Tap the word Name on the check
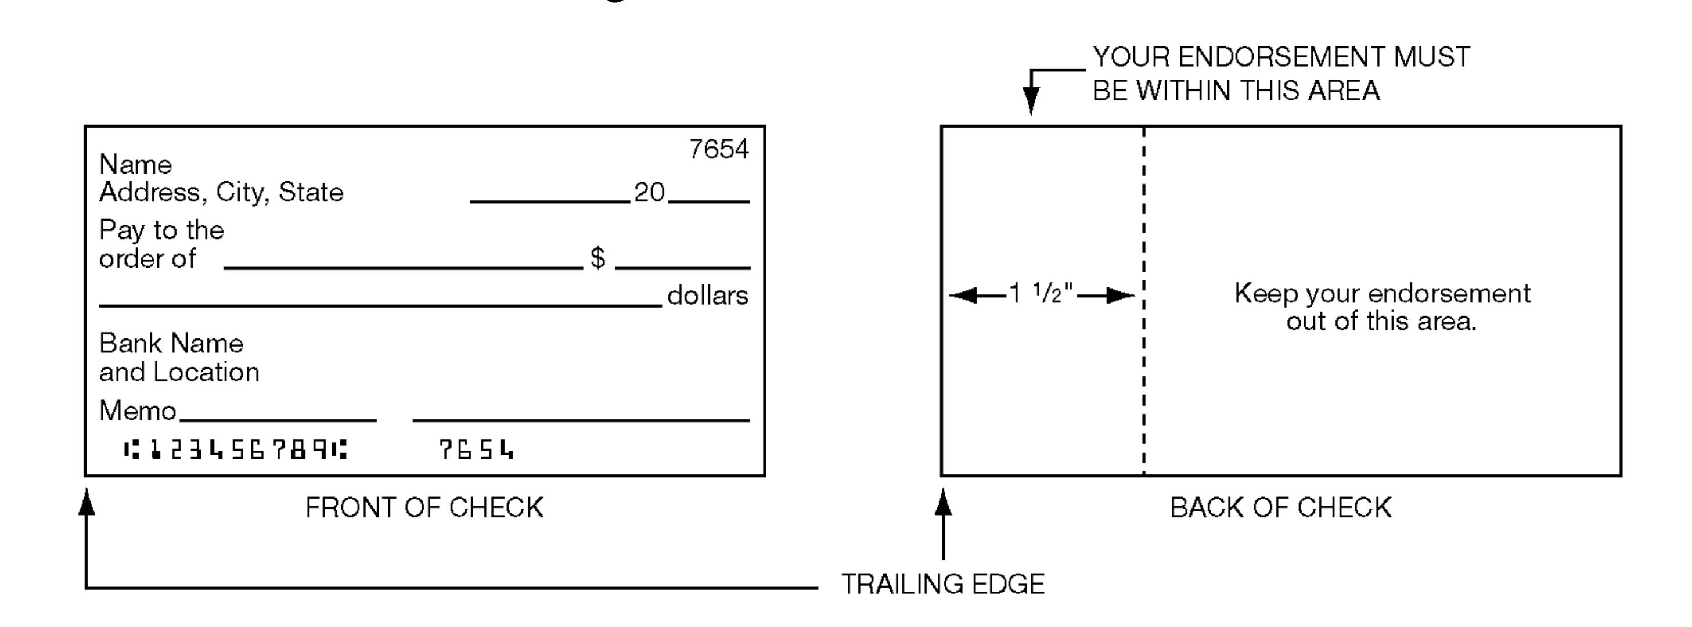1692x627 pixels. [135, 164]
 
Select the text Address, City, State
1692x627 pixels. [221, 192]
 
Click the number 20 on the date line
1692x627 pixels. [649, 192]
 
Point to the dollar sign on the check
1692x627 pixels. [597, 257]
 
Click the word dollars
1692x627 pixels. [707, 296]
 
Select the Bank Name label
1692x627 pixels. [171, 343]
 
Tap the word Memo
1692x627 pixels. [137, 411]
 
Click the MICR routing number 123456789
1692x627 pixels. [235, 451]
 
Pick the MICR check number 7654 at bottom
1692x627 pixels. [476, 451]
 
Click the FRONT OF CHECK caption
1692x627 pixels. [424, 507]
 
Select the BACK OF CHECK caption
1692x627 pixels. [1280, 507]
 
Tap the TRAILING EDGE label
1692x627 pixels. [942, 583]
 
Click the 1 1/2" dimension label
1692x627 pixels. [1041, 294]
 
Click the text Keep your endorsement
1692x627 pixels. [1382, 294]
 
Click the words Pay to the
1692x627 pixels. [161, 230]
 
